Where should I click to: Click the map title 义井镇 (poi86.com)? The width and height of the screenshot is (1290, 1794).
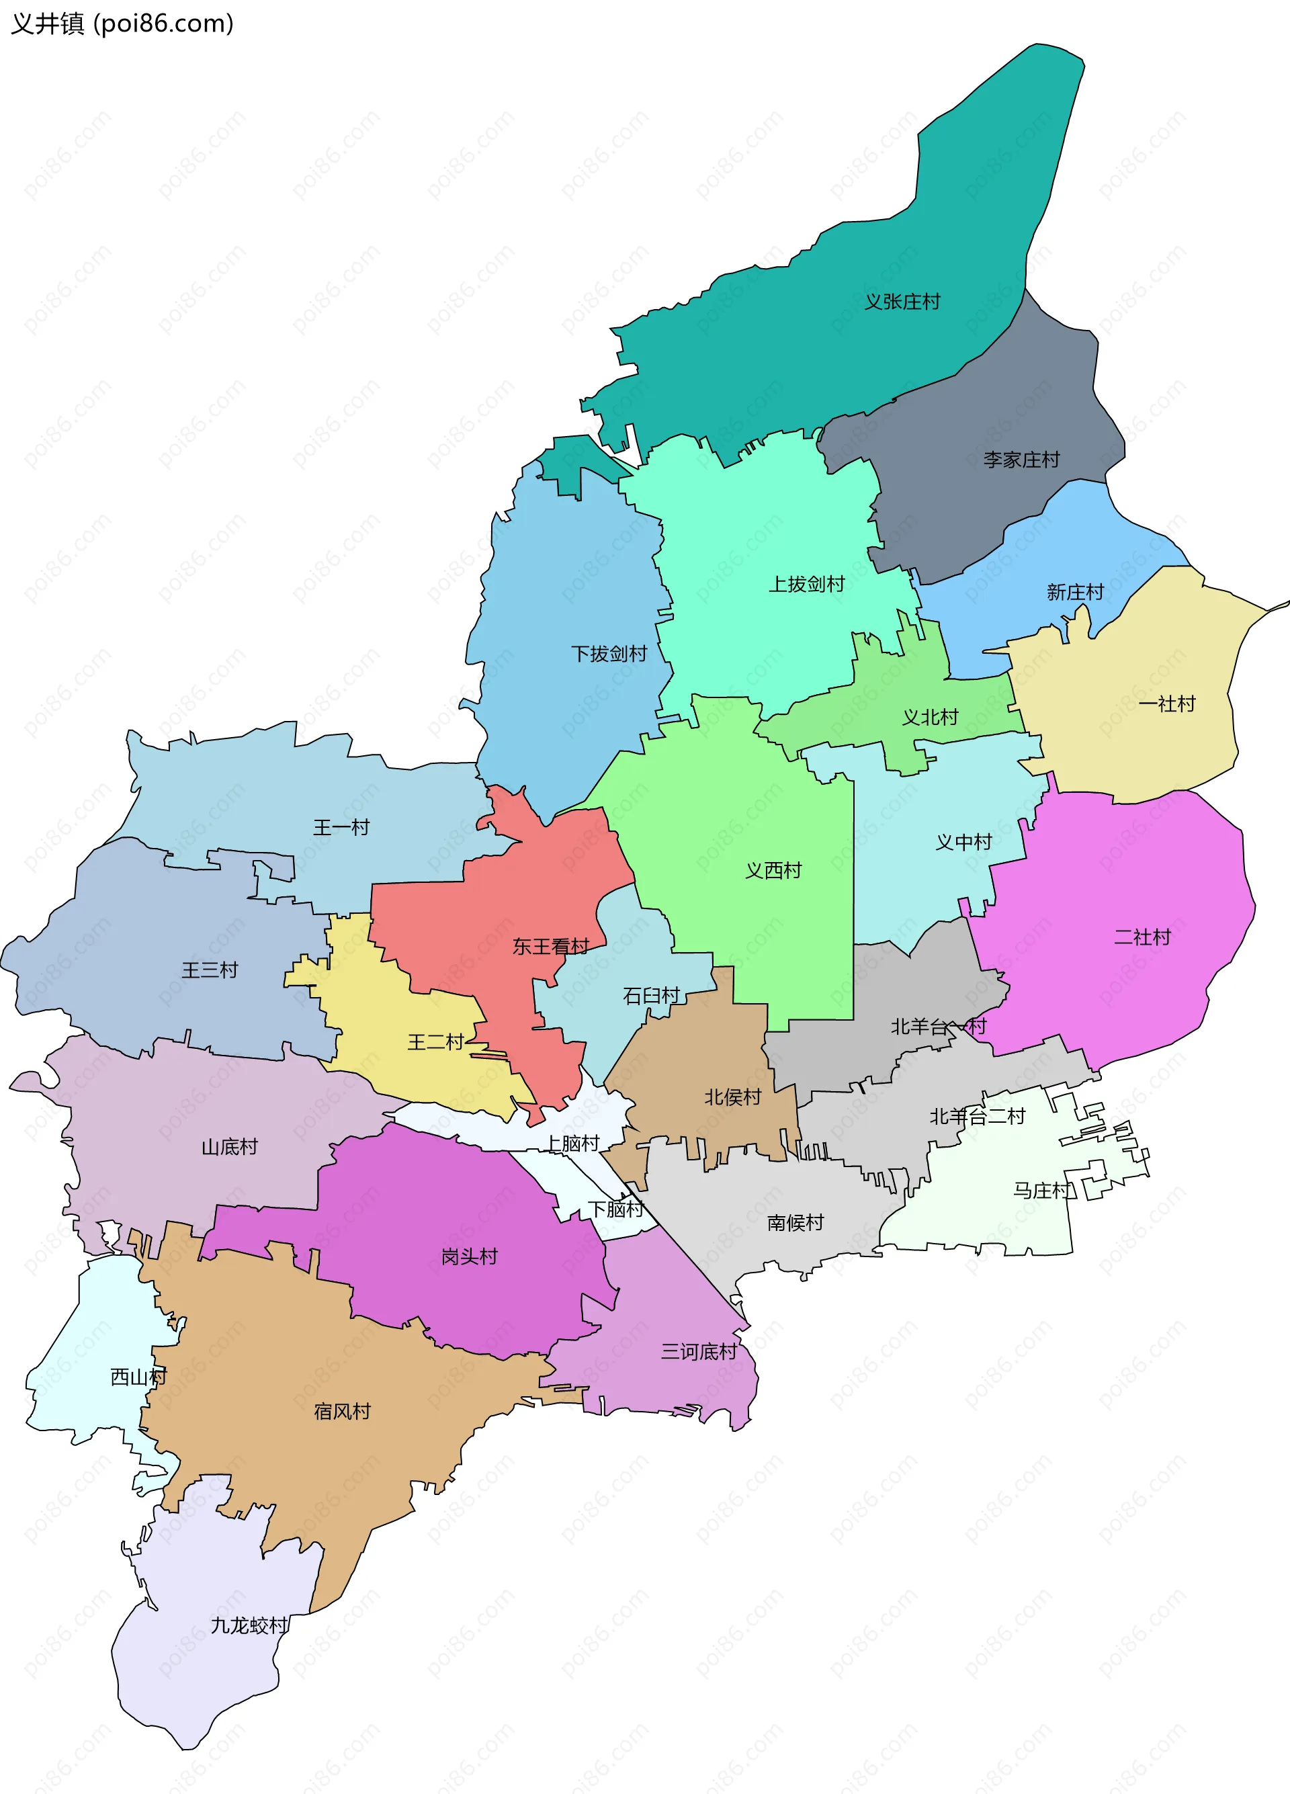tap(122, 24)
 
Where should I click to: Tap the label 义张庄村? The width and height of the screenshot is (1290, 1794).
tap(902, 302)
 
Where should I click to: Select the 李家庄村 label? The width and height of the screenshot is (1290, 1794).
tap(1021, 460)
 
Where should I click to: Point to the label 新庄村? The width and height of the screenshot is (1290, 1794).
tap(1075, 592)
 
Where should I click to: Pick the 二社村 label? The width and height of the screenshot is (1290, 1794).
tap(1142, 937)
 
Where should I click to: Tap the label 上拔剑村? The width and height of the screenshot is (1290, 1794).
tap(807, 584)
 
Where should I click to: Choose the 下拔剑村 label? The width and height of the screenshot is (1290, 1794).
tap(609, 653)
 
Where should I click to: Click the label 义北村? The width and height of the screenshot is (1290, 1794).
tap(930, 717)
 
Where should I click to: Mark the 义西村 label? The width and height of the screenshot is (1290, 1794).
tap(773, 870)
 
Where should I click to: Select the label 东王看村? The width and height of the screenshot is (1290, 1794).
tap(550, 946)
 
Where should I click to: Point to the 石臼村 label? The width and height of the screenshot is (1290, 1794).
tap(652, 995)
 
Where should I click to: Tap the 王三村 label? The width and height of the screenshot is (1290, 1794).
tap(210, 970)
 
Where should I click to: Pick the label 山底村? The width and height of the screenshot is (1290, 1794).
tap(229, 1146)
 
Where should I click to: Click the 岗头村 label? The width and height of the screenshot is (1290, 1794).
tap(469, 1256)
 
